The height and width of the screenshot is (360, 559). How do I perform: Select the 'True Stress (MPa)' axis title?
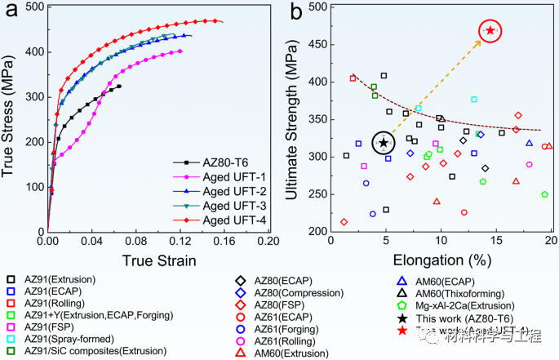coord(12,118)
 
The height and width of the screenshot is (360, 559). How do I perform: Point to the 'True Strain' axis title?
coord(160,260)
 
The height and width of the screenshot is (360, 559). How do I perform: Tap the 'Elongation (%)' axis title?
coord(440,263)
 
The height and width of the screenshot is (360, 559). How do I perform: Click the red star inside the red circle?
coord(490,31)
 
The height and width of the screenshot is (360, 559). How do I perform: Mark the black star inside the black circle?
coord(384,144)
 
